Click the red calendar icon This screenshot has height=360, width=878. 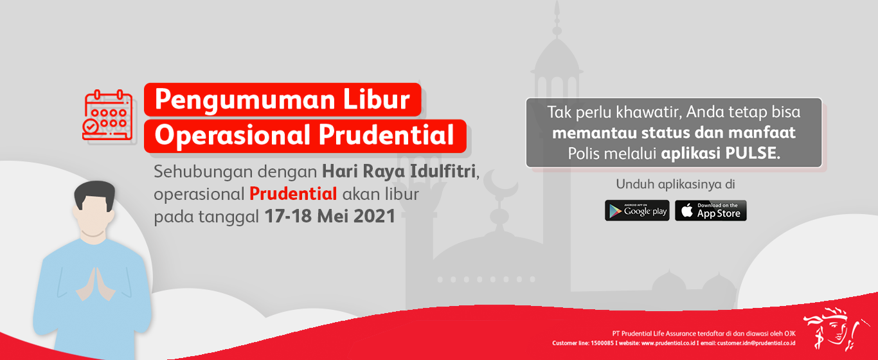coord(107,115)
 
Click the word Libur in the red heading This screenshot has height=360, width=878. coord(377,99)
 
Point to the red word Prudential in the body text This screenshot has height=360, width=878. coord(293,194)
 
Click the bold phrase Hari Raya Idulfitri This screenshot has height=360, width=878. coord(399,172)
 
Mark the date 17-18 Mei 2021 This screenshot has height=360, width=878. coord(330,216)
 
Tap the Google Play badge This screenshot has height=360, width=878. coord(637,211)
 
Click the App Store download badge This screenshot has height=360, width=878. coord(711,211)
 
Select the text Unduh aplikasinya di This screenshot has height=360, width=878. coord(676,184)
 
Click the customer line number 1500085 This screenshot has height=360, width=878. coord(602,343)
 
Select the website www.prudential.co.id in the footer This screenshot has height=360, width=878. coord(668,343)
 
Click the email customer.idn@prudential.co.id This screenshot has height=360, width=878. coord(757,343)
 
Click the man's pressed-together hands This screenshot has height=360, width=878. coord(95,285)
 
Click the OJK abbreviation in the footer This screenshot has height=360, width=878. coord(790,334)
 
